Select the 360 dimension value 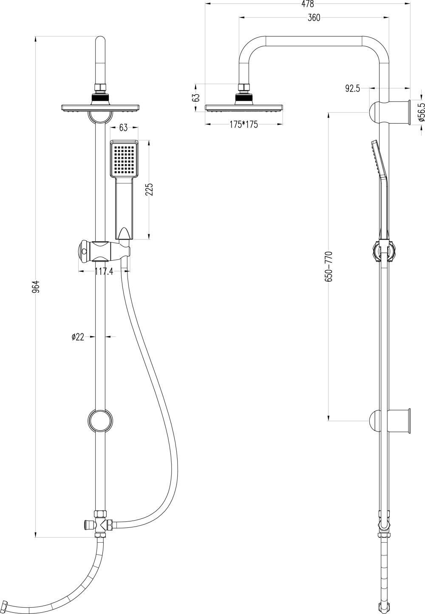(x=314, y=17)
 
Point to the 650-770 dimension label (x=329, y=266)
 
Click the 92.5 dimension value (x=353, y=89)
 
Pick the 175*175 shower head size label (x=244, y=125)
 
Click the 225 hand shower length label (x=150, y=189)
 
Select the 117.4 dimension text (x=104, y=271)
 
